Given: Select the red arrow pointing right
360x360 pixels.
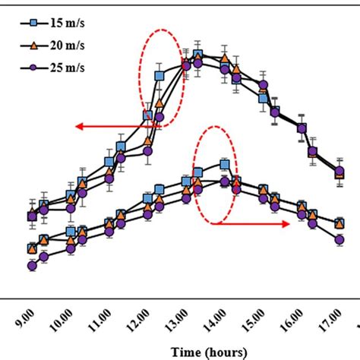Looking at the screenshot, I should [251, 224].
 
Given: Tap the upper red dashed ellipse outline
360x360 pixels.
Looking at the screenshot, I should [139, 84].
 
